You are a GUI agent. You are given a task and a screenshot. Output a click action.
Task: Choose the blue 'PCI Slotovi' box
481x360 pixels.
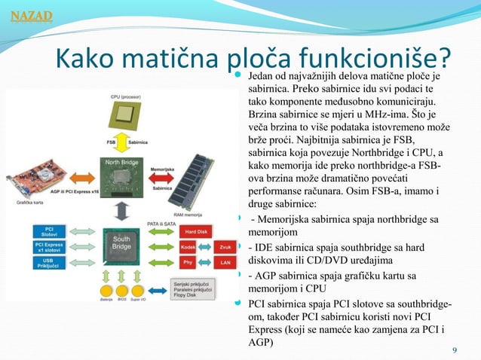[x=49, y=231]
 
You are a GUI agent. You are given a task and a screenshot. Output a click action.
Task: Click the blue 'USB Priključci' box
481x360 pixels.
[x=49, y=263]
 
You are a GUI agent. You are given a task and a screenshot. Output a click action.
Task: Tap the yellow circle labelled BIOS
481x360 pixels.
[x=121, y=290]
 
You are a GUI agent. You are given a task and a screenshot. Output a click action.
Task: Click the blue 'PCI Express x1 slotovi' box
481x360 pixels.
[x=49, y=247]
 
